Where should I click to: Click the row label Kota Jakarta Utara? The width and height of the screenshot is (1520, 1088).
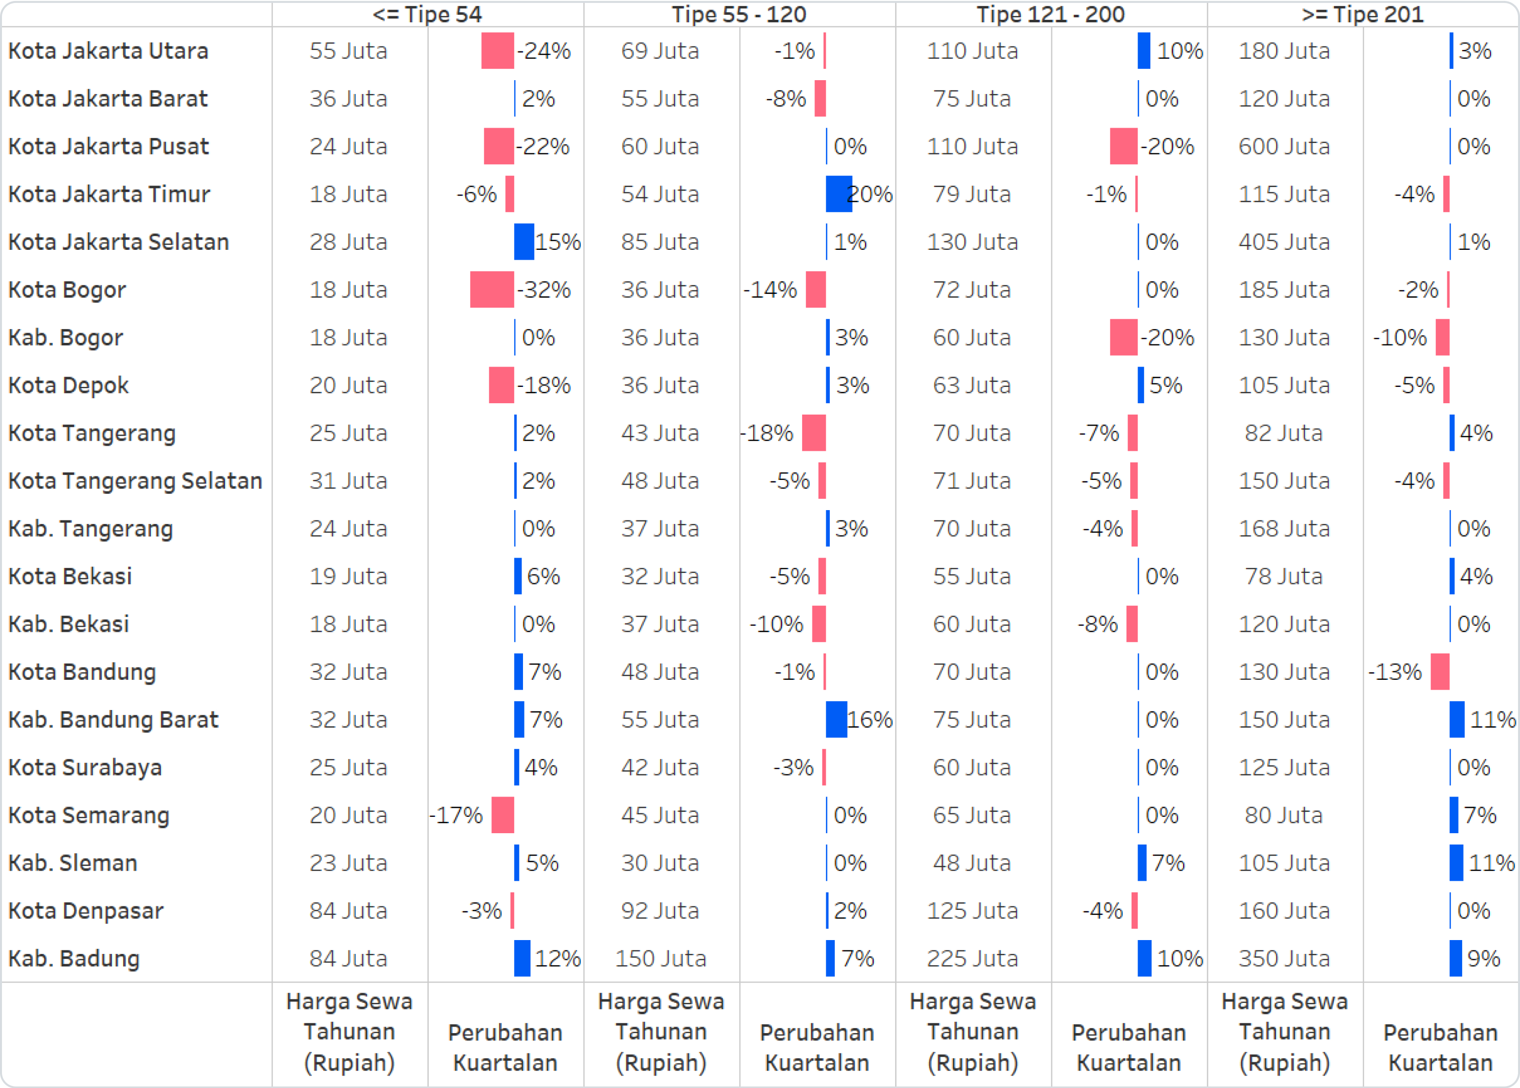click(x=108, y=51)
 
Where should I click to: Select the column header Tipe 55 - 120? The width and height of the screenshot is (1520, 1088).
click(x=739, y=14)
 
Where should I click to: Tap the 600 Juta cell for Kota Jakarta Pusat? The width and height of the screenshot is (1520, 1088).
click(x=1283, y=146)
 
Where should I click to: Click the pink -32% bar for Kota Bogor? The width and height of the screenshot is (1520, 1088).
click(x=492, y=289)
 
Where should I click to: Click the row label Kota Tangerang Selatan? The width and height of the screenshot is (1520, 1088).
click(x=135, y=481)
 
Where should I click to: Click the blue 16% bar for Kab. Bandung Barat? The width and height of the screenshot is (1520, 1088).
click(x=836, y=719)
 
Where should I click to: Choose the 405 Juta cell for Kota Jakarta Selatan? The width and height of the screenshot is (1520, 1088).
click(x=1283, y=242)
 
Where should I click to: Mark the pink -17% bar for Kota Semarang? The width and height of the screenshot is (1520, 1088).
click(x=502, y=815)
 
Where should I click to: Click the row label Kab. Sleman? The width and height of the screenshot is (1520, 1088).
click(x=72, y=863)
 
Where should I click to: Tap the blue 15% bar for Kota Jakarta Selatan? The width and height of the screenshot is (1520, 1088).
click(x=524, y=242)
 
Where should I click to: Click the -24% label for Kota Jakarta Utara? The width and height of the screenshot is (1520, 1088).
click(x=544, y=51)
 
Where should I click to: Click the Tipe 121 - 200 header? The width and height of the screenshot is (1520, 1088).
click(x=1050, y=14)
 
